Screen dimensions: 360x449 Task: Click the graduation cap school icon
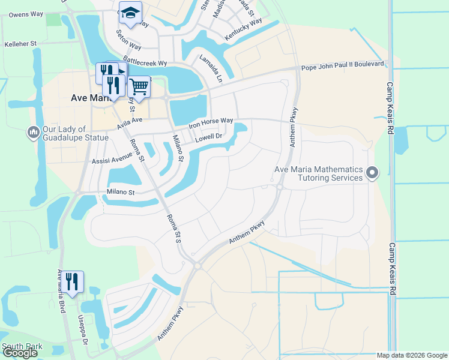130,12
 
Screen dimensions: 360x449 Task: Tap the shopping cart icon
139,86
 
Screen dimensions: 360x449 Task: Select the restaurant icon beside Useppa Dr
73,281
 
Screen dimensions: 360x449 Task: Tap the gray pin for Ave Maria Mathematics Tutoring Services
372,173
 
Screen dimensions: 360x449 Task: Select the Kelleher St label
21,44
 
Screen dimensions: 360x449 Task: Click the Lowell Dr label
209,138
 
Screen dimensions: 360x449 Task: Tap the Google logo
19,353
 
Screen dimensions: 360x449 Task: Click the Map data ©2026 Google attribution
411,355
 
